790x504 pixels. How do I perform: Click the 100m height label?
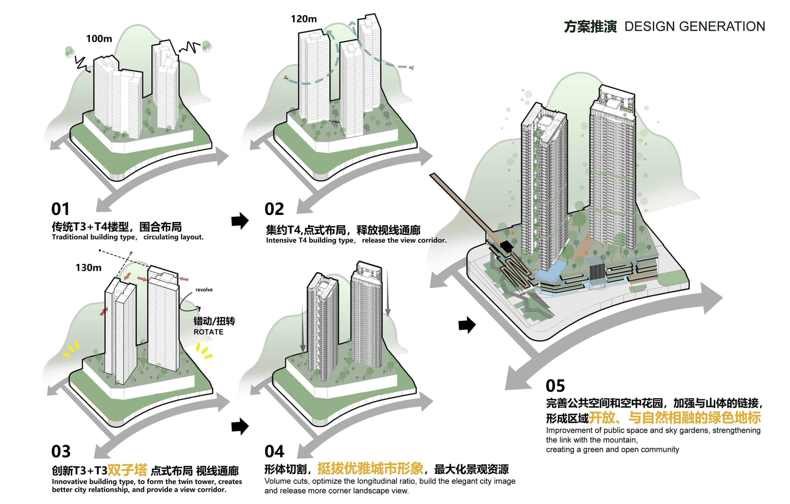99,39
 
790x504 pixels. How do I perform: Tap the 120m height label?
303,19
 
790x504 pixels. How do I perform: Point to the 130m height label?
88,268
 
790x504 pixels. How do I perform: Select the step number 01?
60,209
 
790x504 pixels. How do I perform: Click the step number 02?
274,209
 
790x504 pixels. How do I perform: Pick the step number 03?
61,452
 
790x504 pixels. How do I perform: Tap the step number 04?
274,452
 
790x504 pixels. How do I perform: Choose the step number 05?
555,386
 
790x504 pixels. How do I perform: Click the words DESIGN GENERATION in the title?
695,27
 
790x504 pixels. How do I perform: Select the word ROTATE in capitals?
208,332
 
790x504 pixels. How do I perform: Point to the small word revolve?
204,290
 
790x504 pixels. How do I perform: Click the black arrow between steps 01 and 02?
240,220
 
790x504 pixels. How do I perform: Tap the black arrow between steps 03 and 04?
240,426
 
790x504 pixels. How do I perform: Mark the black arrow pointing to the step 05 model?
467,325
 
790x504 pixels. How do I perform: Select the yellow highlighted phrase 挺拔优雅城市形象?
370,468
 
